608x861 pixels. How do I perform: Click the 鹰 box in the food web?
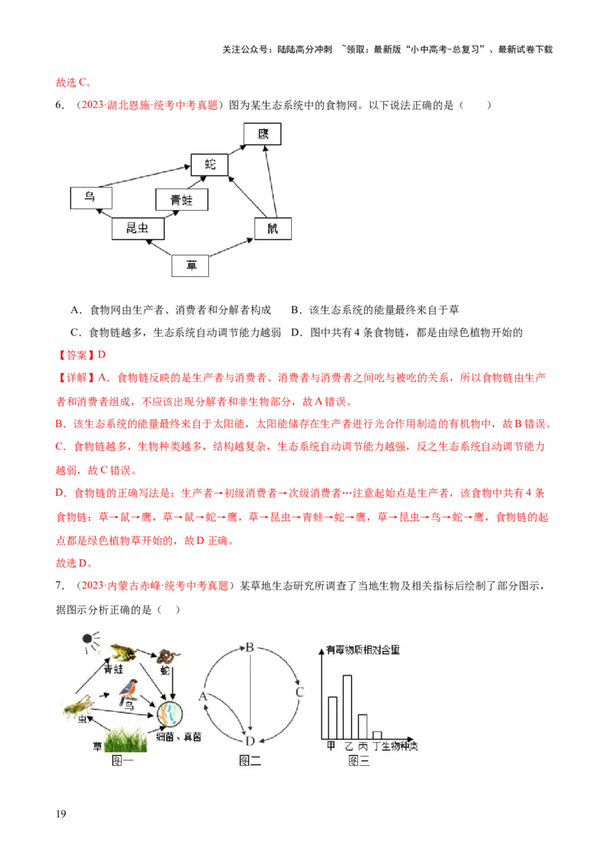point(262,134)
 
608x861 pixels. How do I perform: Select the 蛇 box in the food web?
point(210,165)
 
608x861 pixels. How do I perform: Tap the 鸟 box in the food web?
point(91,198)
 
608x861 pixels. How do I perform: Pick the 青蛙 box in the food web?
point(182,200)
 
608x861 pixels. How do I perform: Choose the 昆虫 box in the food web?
point(138,228)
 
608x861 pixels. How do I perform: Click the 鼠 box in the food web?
point(273,228)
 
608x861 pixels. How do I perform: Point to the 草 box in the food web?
point(191,265)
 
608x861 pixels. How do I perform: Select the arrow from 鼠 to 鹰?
point(271,181)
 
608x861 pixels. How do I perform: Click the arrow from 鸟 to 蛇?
point(144,176)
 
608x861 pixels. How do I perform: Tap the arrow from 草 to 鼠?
point(231,247)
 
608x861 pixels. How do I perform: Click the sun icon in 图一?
point(90,641)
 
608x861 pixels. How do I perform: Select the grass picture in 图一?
point(125,739)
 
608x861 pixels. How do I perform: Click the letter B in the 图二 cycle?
point(250,647)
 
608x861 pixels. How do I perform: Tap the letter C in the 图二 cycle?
point(299,692)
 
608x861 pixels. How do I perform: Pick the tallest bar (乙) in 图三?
point(347,707)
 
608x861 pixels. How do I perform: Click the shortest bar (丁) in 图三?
point(377,736)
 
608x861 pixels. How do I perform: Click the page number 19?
point(61,814)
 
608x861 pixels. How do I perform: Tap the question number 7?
point(59,586)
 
